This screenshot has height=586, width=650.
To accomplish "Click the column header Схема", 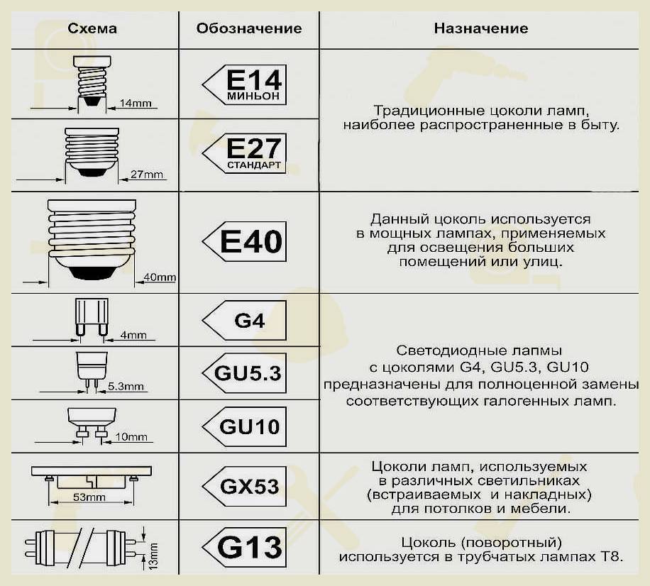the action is click(x=92, y=28).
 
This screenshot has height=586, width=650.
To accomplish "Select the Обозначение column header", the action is click(x=249, y=28).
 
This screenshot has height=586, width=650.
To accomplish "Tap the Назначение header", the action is click(x=481, y=28).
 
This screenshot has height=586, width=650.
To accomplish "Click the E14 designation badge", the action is click(x=245, y=84).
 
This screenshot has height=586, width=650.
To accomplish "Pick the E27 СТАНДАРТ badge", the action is click(x=245, y=153).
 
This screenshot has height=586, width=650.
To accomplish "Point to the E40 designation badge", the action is click(x=245, y=242).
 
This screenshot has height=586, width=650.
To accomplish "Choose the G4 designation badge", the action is click(x=245, y=321).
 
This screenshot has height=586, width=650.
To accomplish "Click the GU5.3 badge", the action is click(x=245, y=373).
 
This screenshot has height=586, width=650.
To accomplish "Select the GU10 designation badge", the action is click(x=245, y=426).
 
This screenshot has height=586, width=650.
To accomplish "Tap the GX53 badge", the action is click(x=245, y=486).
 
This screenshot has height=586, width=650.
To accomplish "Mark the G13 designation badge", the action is click(x=245, y=548).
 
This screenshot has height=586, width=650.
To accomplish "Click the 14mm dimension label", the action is click(x=136, y=103).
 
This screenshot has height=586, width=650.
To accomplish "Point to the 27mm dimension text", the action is click(x=147, y=174).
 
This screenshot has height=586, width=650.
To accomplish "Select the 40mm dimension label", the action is click(x=160, y=277).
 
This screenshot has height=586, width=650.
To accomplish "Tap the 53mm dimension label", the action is click(x=89, y=497).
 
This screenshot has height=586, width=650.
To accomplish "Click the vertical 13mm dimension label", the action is click(x=153, y=556).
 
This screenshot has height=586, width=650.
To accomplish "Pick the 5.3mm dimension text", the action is click(x=126, y=386).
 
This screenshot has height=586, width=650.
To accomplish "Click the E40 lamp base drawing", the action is click(x=92, y=240).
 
